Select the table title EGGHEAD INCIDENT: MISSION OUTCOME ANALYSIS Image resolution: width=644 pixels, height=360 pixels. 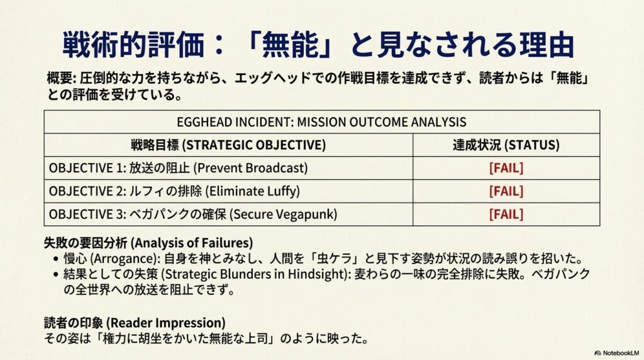point(321,121)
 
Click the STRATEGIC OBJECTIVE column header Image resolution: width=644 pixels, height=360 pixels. point(228,145)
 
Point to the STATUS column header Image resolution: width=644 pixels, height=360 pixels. point(506,145)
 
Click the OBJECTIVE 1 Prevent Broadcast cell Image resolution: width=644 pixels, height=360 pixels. point(178,168)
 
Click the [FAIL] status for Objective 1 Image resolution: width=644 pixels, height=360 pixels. point(506,168)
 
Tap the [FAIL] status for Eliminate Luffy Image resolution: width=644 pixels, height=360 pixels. point(506,191)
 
